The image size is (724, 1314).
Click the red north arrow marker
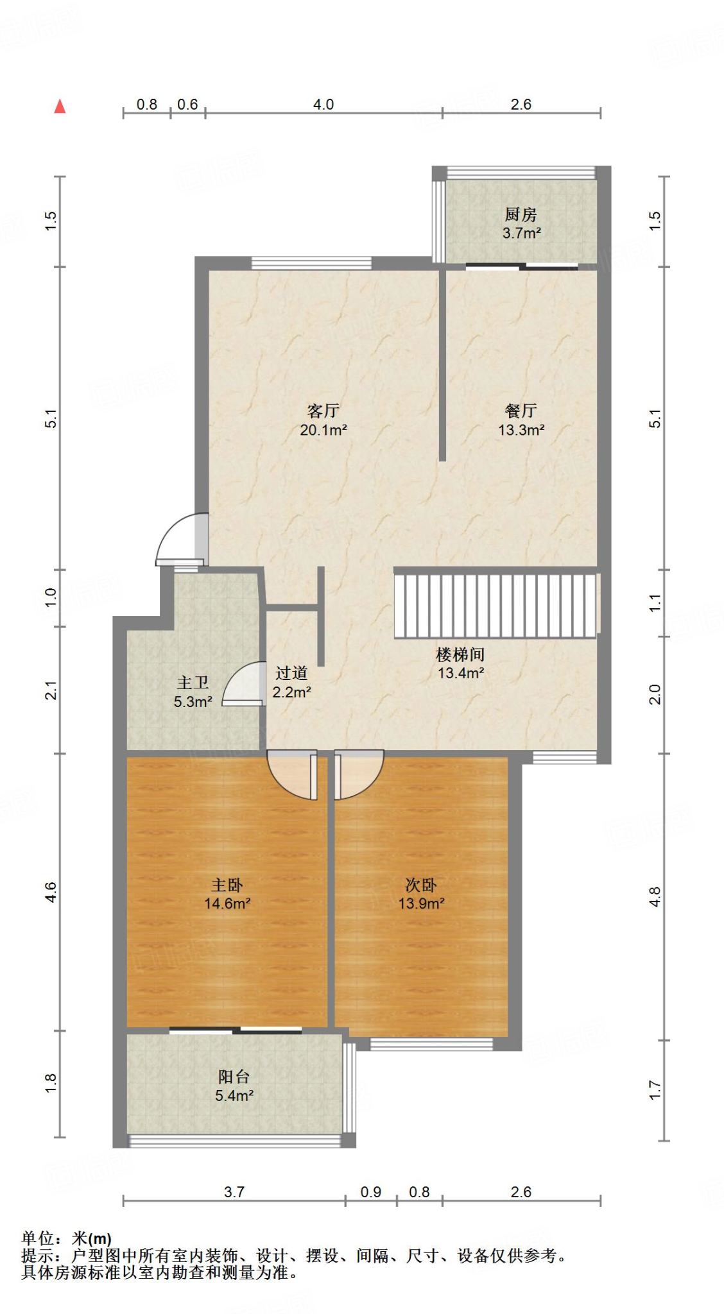tap(60, 107)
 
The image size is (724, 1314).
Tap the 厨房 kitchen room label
tap(521, 214)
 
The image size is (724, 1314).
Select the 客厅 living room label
tap(323, 411)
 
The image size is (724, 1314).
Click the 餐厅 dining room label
tap(521, 411)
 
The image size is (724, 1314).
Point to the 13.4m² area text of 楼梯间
tap(461, 674)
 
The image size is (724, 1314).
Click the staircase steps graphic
tap(495, 606)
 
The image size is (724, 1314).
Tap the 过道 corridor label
tap(291, 673)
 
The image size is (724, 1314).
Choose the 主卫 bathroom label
tap(193, 683)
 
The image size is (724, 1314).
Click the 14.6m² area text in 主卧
tap(227, 904)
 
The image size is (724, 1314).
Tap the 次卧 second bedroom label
tap(421, 885)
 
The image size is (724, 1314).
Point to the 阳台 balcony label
tap(234, 1077)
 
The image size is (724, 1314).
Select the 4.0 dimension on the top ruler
tap(323, 105)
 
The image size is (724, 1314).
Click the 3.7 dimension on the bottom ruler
tap(234, 1192)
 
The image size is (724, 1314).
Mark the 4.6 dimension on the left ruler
tap(51, 892)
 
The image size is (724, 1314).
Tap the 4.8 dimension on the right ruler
tap(655, 896)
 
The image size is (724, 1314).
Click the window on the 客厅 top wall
tap(311, 262)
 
